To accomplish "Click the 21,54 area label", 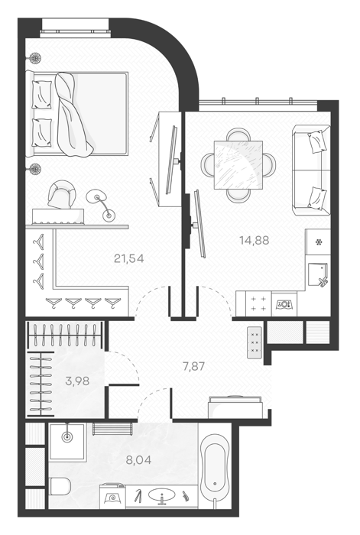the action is tap(129, 258).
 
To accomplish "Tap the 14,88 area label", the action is tap(255, 240).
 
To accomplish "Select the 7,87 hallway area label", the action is tap(194, 367).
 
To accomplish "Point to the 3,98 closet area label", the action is tap(77, 381).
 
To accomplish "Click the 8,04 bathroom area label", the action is tap(138, 460).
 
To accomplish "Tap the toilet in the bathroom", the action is tap(60, 486).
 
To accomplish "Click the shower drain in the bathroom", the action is tap(67, 436).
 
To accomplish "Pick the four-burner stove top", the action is tap(258, 303).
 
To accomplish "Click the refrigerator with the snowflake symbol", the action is tap(319, 242).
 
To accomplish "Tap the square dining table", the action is tap(238, 165).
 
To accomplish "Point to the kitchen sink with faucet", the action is tap(318, 275).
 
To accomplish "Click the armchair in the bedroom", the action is tap(62, 194).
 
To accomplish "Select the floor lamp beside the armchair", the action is tap(101, 206).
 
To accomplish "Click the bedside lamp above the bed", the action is tap(34, 58).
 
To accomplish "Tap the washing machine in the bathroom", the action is tap(112, 494).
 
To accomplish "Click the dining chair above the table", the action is tap(238, 134).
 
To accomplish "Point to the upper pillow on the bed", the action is tap(41, 95).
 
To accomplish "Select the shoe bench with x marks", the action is tap(255, 342).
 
